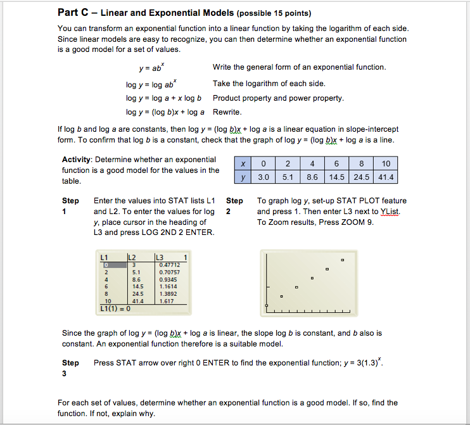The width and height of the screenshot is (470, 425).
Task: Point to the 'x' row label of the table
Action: (242, 163)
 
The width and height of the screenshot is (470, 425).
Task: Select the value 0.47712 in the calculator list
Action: (169, 265)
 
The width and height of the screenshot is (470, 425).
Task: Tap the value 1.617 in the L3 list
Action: (167, 301)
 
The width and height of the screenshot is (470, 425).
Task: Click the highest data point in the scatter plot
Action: (343, 260)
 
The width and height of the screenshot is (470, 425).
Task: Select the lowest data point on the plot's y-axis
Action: (267, 305)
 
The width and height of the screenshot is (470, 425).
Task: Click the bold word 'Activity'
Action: (77, 159)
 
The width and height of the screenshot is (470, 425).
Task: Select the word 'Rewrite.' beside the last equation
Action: (227, 112)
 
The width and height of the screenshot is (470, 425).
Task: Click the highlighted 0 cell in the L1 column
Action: (106, 265)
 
